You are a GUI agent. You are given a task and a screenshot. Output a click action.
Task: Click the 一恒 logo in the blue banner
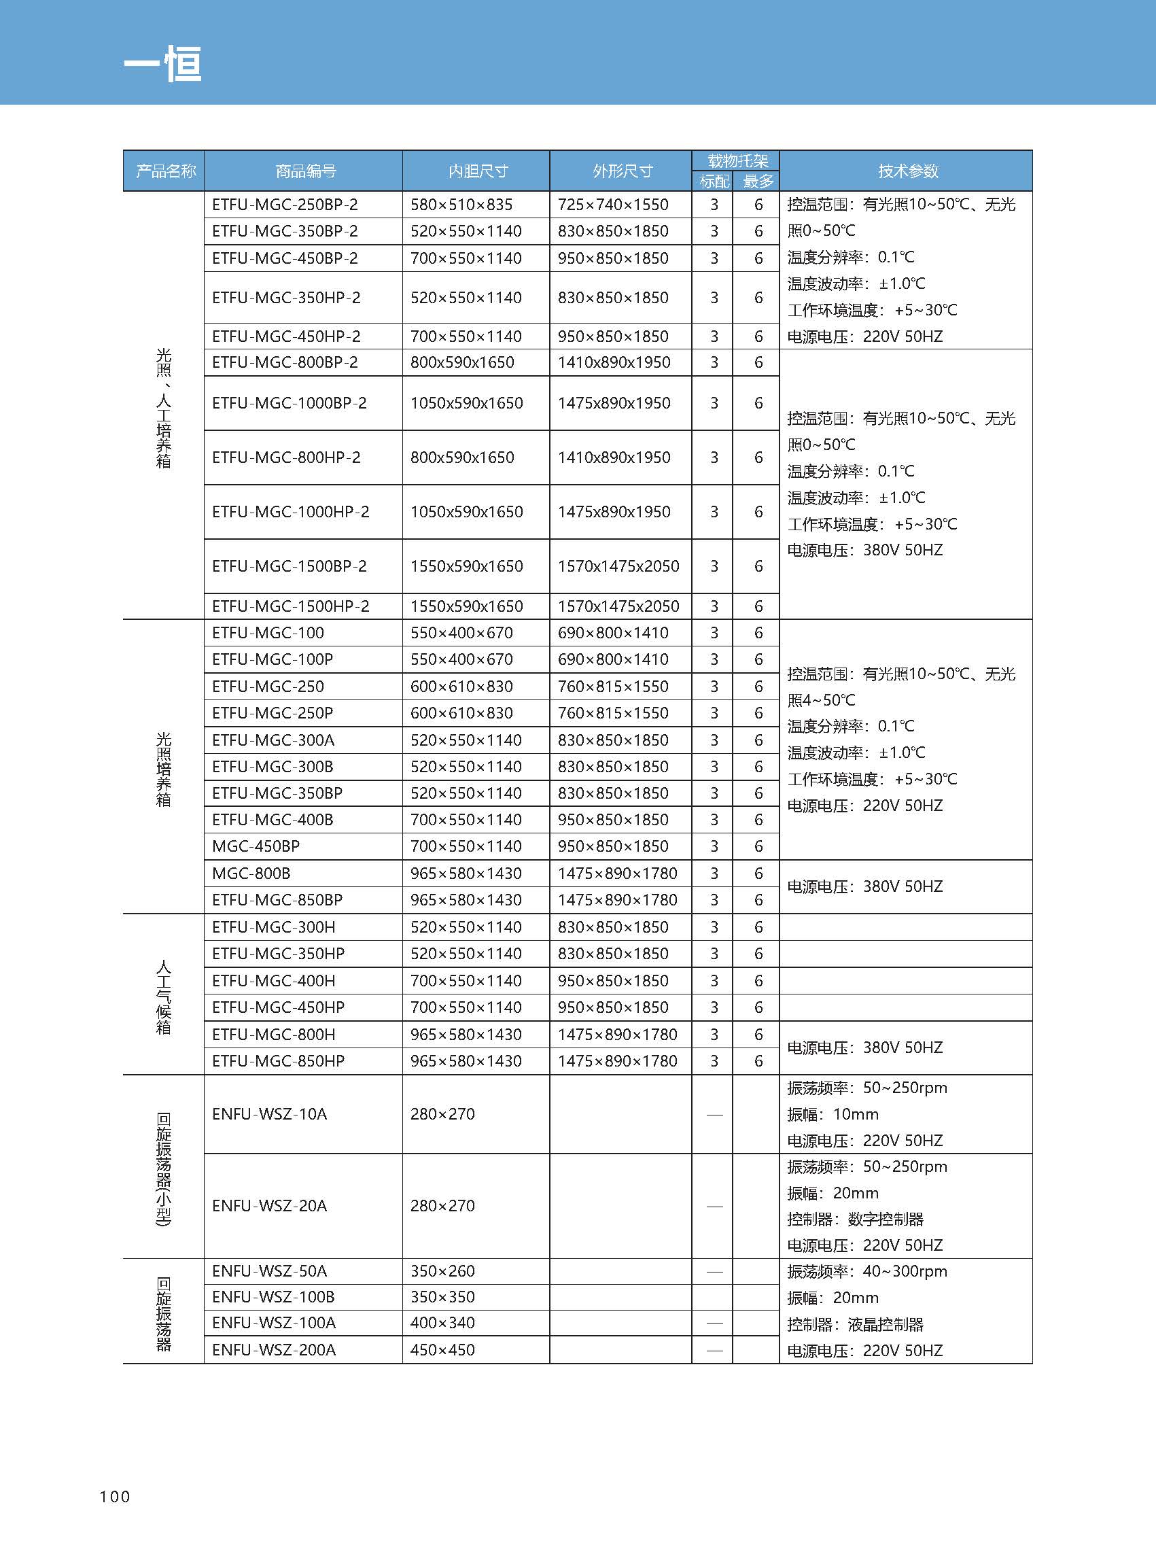coord(163,65)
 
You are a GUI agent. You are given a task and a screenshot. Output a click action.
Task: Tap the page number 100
coord(115,1496)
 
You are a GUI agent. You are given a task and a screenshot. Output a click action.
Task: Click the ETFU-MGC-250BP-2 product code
coord(285,205)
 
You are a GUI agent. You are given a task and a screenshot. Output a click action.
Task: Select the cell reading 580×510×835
coord(461,205)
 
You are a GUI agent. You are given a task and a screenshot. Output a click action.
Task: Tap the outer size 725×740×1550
coord(613,205)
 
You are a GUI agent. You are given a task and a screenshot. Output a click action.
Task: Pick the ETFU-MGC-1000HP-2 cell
coord(290,512)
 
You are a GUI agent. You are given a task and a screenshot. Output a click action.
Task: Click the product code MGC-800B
coord(251,873)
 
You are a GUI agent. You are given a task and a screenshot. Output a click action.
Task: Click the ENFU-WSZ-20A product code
coord(269,1205)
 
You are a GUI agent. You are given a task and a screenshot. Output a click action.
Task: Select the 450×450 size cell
coord(442,1349)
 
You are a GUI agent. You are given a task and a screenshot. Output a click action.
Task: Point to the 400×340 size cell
coord(442,1323)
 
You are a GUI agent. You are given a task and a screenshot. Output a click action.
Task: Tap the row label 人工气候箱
coord(163,997)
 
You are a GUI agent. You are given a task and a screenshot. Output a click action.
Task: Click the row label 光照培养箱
coord(163,769)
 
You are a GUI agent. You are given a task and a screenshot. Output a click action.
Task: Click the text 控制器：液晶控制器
coord(855,1324)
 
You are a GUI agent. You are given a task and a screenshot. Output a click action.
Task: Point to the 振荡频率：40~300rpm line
coord(867,1271)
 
